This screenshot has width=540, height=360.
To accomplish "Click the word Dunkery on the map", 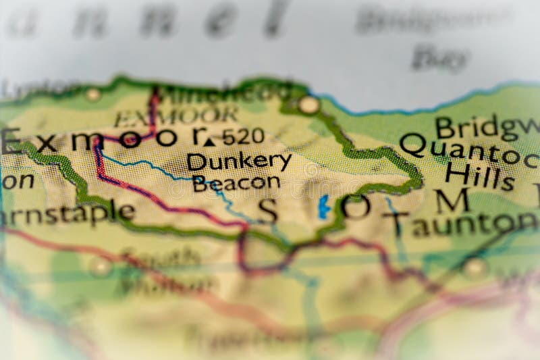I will [x=239, y=161].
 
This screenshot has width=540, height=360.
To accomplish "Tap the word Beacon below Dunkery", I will [x=236, y=182].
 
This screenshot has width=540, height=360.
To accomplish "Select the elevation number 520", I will [x=243, y=137].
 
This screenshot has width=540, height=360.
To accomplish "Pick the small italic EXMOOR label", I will [x=175, y=116].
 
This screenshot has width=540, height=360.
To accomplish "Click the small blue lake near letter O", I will [x=324, y=207].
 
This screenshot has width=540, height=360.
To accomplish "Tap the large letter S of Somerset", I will [x=268, y=211].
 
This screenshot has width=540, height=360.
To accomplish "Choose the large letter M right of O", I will [x=452, y=201].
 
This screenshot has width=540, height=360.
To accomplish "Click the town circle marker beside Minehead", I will [x=309, y=105].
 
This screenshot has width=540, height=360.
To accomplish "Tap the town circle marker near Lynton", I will [x=92, y=95].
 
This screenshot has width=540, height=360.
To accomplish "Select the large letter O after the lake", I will [x=356, y=206].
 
